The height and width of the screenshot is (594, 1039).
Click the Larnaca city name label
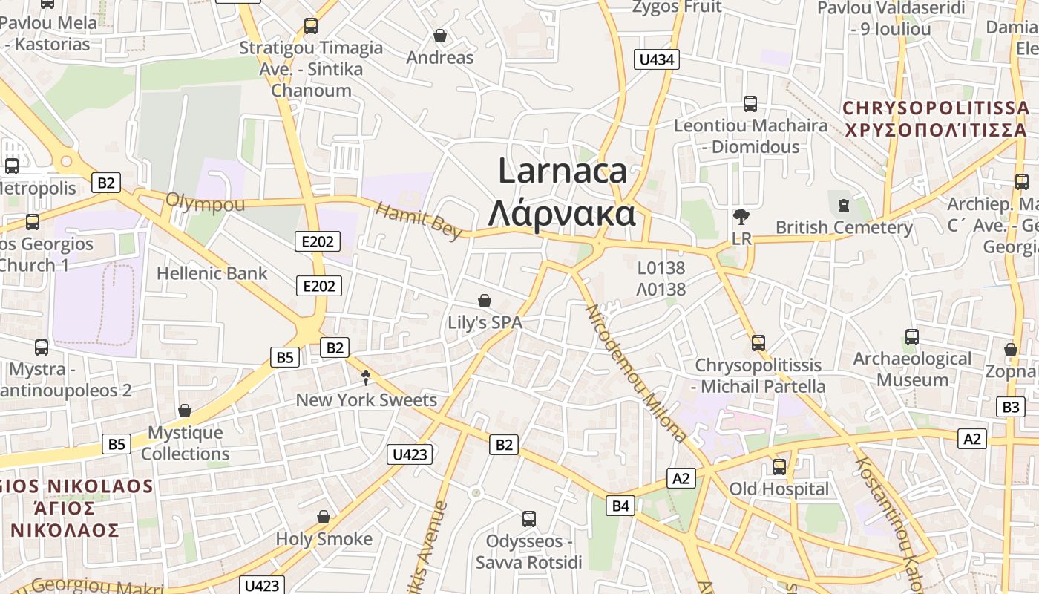pos(563,172)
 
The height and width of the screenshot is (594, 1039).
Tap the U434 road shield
pos(657,59)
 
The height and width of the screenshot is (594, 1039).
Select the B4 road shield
pos(620,506)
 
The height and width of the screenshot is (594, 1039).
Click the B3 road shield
pos(1011,407)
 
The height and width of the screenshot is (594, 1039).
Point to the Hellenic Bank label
pos(212,273)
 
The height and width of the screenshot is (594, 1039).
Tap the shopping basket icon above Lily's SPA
pos(485,301)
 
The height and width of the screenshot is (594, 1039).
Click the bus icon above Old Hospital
pos(779,467)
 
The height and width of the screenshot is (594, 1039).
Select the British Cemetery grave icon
pos(843,205)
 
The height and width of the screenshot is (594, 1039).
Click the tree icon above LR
pos(741,217)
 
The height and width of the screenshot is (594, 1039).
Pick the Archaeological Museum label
pos(912,369)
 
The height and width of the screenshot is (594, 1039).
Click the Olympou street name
pos(205,202)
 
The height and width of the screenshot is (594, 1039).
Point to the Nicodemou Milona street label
pos(636,373)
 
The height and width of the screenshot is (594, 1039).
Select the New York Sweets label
pos(367,399)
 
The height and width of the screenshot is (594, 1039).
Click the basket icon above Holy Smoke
pos(324,517)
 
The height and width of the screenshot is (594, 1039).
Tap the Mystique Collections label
pos(186,443)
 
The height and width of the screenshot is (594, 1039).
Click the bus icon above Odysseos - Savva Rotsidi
pos(529,519)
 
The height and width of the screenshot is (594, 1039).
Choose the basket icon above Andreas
pos(440,36)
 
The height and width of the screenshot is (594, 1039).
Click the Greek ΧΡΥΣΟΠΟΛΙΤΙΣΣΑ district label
pos(937,130)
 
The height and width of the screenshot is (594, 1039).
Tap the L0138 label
pos(661,267)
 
